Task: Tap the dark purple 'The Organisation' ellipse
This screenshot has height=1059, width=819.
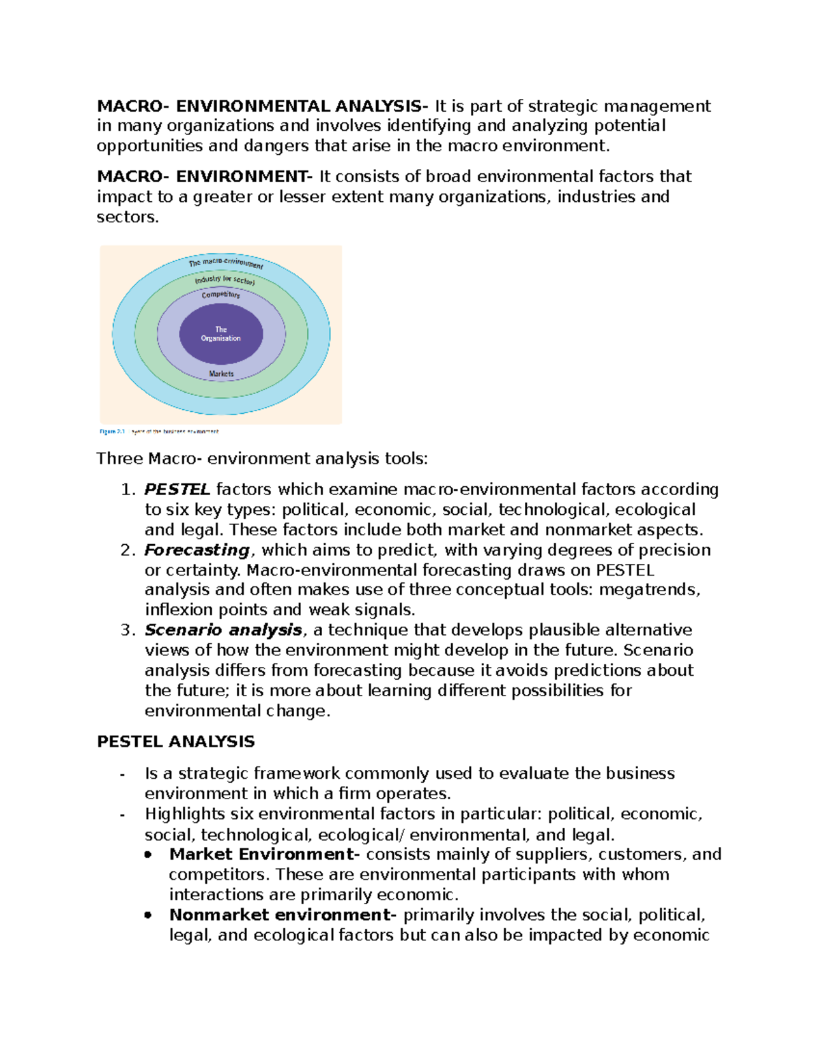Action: click(220, 334)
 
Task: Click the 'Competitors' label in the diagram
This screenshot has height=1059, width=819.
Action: click(220, 295)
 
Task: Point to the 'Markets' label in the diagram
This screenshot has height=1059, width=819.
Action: click(221, 374)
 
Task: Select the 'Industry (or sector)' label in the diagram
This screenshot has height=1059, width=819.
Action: click(225, 280)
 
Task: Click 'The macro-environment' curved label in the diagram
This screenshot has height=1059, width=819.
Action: click(226, 263)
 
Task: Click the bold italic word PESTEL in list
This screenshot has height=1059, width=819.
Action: click(177, 490)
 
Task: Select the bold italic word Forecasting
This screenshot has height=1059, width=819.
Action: click(197, 550)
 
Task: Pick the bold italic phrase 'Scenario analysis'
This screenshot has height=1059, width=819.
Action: click(223, 630)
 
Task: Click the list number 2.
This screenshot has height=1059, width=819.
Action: click(128, 550)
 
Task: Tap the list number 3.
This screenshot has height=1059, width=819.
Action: click(128, 630)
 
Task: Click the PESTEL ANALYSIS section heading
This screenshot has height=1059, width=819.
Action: click(176, 742)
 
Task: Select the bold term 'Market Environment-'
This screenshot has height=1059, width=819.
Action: click(264, 854)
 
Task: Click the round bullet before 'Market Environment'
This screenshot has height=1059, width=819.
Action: click(148, 855)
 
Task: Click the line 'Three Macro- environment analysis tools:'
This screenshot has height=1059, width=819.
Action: click(262, 459)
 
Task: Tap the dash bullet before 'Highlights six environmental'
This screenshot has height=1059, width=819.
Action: click(122, 815)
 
